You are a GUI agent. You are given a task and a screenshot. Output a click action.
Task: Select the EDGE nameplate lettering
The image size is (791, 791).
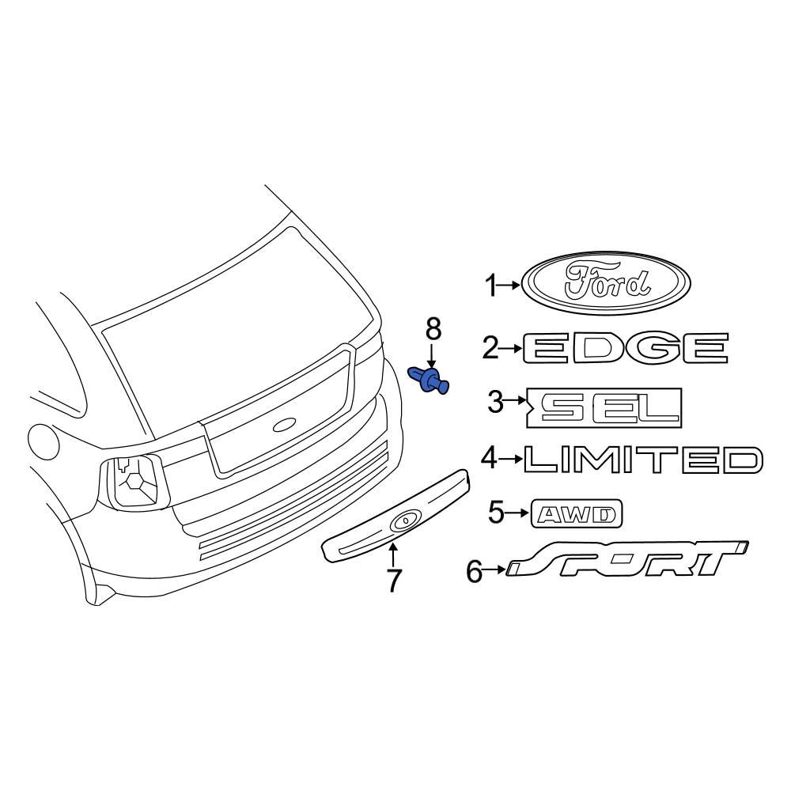[x=625, y=347]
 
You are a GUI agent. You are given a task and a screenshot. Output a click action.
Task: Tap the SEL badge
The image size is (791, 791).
[x=605, y=407]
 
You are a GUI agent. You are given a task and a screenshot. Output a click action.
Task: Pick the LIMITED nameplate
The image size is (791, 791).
[x=643, y=460]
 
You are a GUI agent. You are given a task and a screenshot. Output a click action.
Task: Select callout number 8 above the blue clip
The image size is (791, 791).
[x=432, y=326]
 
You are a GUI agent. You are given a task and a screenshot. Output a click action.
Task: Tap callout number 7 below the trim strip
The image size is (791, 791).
[x=393, y=581]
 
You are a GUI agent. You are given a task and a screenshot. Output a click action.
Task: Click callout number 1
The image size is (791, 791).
[x=492, y=286]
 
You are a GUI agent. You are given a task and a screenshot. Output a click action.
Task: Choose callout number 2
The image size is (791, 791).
[x=490, y=347]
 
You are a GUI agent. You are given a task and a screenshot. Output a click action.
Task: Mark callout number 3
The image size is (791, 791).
[x=495, y=403]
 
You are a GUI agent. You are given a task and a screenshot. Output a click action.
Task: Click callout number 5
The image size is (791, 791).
[x=496, y=513]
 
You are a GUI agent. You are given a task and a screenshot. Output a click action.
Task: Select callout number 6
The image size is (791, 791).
[x=475, y=570]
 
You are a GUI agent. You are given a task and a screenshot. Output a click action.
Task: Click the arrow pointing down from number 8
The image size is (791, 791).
[x=432, y=354]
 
